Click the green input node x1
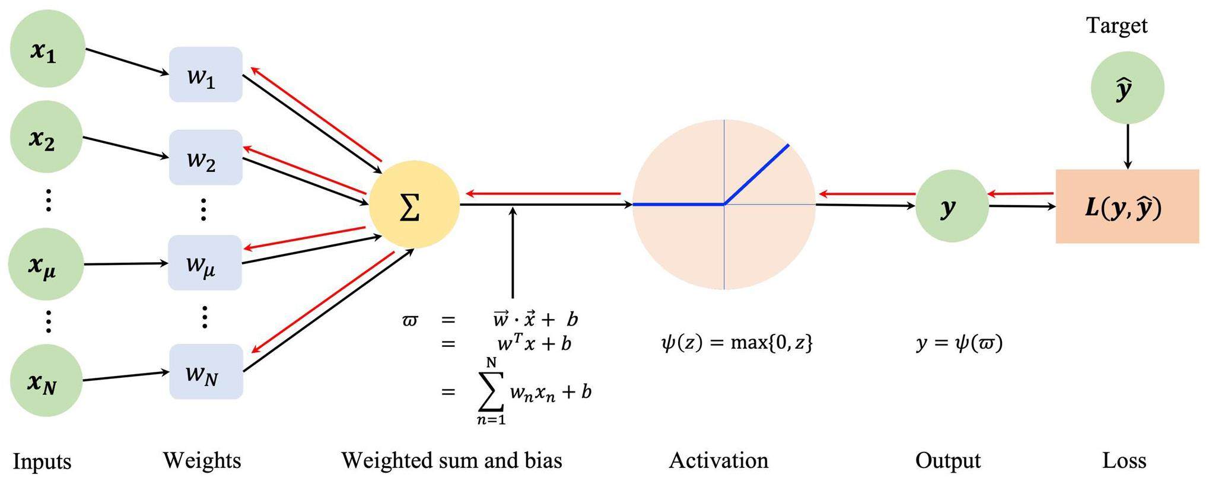(47, 50)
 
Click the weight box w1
(205, 75)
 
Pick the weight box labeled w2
(205, 157)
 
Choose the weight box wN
(205, 372)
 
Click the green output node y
(952, 206)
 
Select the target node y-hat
(1127, 88)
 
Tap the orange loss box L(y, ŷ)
(1127, 206)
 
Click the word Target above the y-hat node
(1116, 26)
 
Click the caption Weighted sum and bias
(451, 460)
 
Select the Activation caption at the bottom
(718, 460)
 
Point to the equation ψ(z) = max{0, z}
(736, 342)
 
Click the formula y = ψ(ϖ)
(959, 343)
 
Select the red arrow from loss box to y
(1020, 193)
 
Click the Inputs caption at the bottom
(42, 461)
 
